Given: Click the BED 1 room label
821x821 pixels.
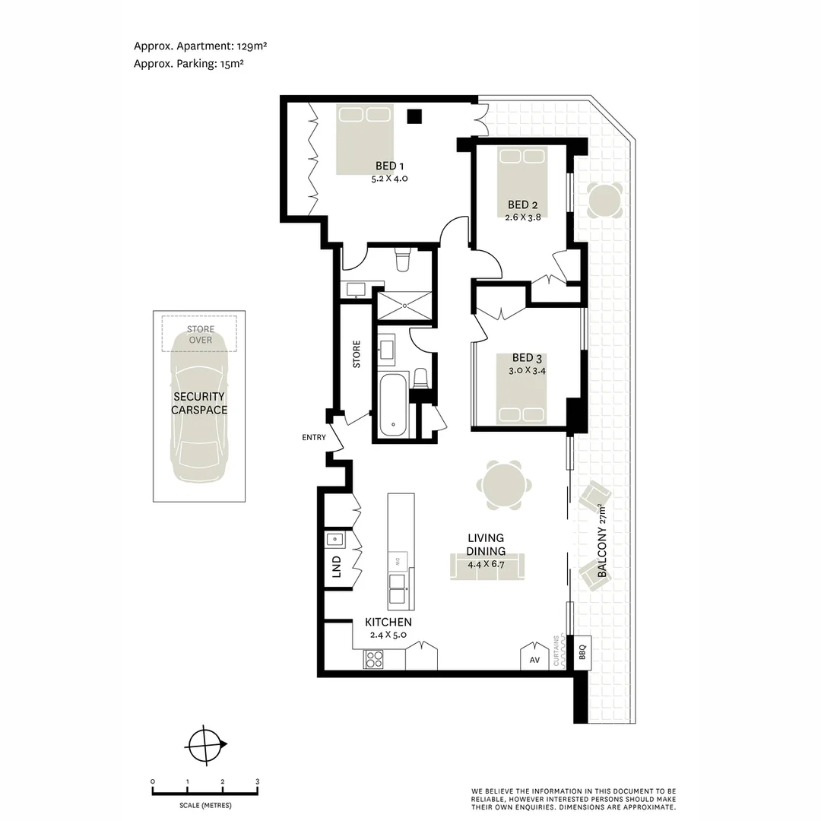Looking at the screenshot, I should click(389, 166).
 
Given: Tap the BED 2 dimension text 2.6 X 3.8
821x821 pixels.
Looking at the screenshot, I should click(523, 217).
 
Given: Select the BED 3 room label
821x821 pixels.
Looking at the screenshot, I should click(527, 357).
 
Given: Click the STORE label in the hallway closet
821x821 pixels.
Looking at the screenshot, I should click(357, 354).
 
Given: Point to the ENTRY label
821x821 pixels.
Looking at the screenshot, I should click(313, 437).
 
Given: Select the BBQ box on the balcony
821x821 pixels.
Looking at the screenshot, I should click(582, 651).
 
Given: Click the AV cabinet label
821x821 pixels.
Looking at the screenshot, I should click(534, 660).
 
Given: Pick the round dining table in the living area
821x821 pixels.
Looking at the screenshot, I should click(504, 485).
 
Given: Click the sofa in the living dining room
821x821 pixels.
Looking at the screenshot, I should click(487, 567).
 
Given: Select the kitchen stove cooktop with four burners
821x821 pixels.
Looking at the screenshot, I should click(373, 658).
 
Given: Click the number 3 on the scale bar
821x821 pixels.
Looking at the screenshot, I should click(257, 781).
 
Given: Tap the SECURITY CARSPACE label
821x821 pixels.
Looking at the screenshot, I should click(199, 403).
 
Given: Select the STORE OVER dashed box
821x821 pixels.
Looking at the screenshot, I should click(199, 334).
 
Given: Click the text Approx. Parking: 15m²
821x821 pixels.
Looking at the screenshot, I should click(189, 64).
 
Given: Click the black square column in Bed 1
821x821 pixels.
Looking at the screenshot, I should click(414, 116).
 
